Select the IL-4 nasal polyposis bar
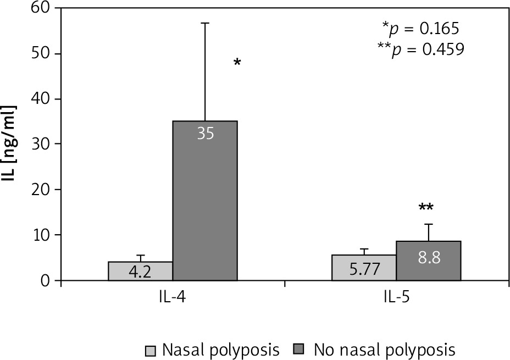click(x=140, y=271)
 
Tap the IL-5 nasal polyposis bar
click(x=363, y=268)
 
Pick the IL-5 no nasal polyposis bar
click(x=428, y=261)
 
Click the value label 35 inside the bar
click(x=205, y=134)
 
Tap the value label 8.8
click(x=428, y=257)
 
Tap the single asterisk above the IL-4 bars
click(x=237, y=63)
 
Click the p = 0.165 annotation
click(x=424, y=28)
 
